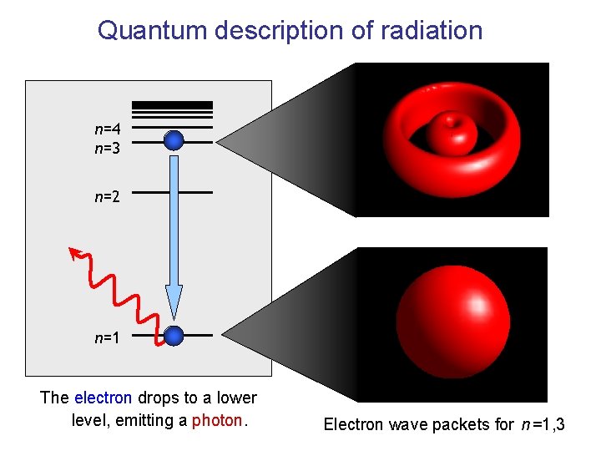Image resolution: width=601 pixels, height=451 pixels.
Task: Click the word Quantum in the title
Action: pos(153,30)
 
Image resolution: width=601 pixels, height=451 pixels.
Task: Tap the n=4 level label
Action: pos(108,129)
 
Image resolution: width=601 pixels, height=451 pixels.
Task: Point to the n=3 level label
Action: pos(108,148)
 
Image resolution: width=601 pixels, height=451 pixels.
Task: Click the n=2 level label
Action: pos(108,197)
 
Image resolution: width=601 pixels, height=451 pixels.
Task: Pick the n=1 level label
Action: pos(108,337)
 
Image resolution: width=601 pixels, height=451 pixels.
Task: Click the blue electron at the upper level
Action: pos(174,140)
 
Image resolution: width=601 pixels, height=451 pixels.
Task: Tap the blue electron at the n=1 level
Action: pos(174,336)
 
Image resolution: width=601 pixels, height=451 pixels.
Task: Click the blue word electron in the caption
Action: pos(103,398)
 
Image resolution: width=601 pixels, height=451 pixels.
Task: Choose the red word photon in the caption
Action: pos(216,420)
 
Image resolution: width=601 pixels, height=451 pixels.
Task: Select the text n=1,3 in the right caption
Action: pos(543,424)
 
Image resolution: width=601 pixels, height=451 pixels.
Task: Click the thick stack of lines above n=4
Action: pos(173,108)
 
